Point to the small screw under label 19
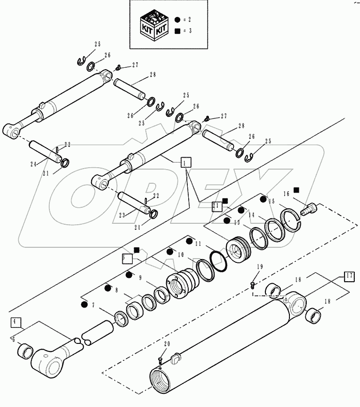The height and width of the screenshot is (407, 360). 253,284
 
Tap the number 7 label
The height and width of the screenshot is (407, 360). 93,306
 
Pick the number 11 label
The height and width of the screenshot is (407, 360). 198,244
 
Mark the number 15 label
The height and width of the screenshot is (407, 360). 271,201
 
